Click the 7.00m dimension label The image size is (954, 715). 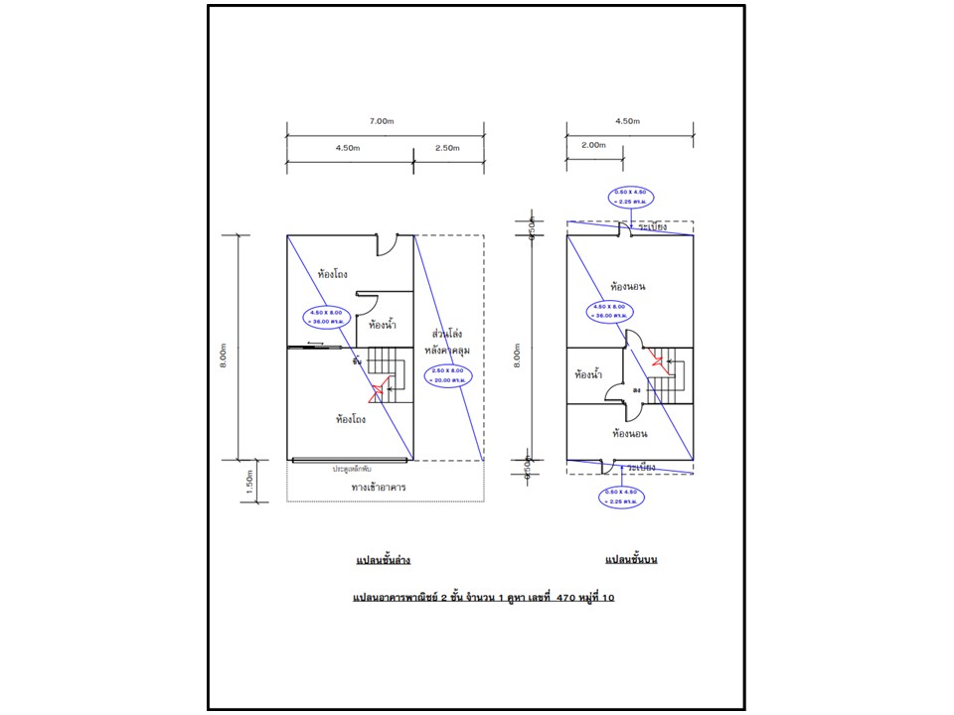[x=384, y=121]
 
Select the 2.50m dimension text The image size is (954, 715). [x=447, y=148]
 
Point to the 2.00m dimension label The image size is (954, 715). [x=594, y=144]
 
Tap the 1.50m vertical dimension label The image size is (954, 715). [x=249, y=482]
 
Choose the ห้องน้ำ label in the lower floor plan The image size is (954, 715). [x=383, y=325]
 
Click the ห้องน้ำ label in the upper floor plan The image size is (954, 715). [x=591, y=375]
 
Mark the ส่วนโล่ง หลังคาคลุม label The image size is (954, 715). [x=448, y=342]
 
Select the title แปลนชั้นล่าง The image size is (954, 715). [x=384, y=561]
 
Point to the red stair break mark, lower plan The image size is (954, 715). [x=377, y=394]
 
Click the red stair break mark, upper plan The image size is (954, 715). [x=657, y=359]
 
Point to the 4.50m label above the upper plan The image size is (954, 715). [x=628, y=121]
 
